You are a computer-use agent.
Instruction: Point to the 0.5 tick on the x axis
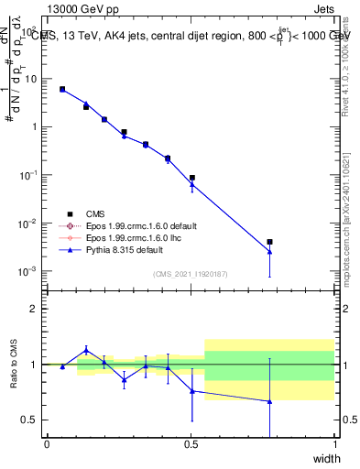point(191,444)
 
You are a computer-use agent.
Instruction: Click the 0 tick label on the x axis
point(47,444)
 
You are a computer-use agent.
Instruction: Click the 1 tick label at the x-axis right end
point(334,444)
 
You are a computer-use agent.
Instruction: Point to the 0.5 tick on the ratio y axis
point(30,420)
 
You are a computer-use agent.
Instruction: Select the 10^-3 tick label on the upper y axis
point(27,271)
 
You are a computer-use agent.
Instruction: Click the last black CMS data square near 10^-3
point(269,243)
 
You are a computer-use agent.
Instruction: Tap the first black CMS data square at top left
point(62,89)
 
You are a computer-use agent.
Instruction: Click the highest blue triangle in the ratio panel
point(86,350)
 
